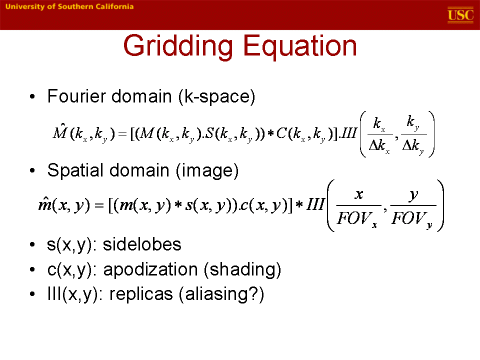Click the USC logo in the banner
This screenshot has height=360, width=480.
pyautogui.click(x=460, y=15)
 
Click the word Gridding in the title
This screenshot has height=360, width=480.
pyautogui.click(x=178, y=46)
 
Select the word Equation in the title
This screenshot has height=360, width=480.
pyautogui.click(x=300, y=46)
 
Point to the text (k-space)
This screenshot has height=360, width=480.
pyautogui.click(x=216, y=96)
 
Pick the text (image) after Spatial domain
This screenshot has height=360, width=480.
pyautogui.click(x=207, y=170)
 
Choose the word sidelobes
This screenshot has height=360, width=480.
pyautogui.click(x=142, y=244)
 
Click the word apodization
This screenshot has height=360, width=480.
pyautogui.click(x=150, y=269)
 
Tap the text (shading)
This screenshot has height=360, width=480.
pyautogui.click(x=242, y=269)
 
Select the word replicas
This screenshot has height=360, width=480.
pyautogui.click(x=141, y=294)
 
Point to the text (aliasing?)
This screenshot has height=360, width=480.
pyautogui.click(x=221, y=294)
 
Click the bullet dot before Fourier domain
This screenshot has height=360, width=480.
pyautogui.click(x=32, y=96)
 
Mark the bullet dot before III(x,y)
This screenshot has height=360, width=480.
pyautogui.click(x=32, y=294)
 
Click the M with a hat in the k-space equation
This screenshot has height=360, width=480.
pyautogui.click(x=59, y=131)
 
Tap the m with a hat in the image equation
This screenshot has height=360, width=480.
pyautogui.click(x=45, y=204)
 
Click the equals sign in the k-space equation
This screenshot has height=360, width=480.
pyautogui.click(x=122, y=134)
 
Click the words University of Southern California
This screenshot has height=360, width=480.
pyautogui.click(x=69, y=6)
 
